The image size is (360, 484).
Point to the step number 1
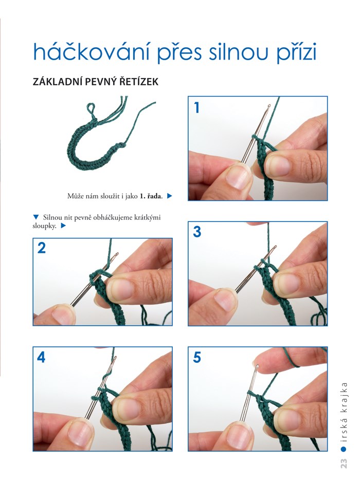point(196,108)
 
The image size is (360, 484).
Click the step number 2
point(42,248)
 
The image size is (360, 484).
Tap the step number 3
point(197,232)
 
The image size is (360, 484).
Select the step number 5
point(197,357)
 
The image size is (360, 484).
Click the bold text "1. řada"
point(151,196)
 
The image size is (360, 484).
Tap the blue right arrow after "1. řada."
point(169,196)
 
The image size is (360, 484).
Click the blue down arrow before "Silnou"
point(35,217)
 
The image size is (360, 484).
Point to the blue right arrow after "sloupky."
point(63,226)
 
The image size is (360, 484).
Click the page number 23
point(344,463)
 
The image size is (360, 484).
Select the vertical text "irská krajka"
point(344,412)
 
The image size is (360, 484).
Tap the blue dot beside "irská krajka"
point(344,449)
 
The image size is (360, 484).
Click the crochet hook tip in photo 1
point(269,106)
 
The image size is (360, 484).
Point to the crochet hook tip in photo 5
point(257,366)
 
